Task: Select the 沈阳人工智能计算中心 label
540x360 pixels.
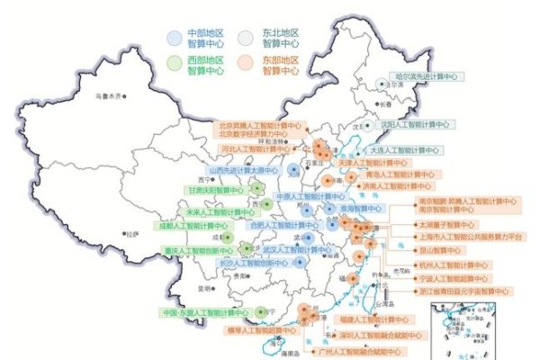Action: pyautogui.click(x=412, y=124)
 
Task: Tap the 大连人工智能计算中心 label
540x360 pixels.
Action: pyautogui.click(x=405, y=149)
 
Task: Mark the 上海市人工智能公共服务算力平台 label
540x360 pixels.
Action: pyautogui.click(x=471, y=237)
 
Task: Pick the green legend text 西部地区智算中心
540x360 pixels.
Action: pyautogui.click(x=205, y=64)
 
